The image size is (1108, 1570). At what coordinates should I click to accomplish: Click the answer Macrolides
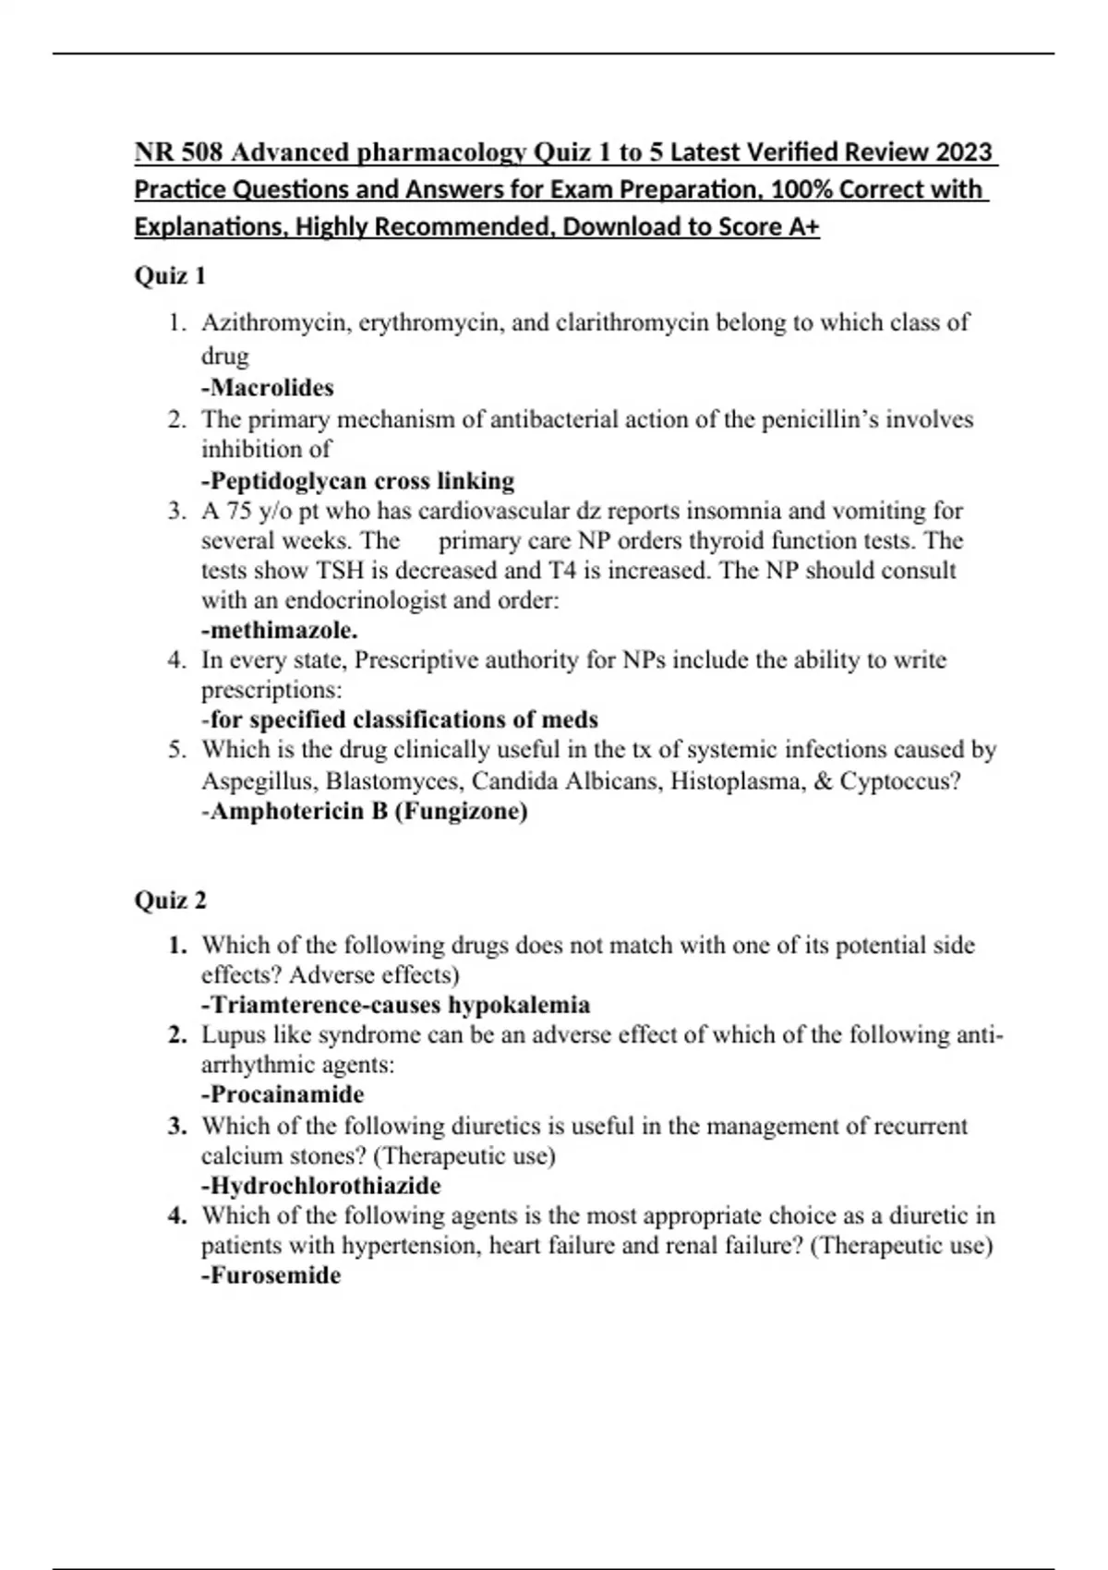(267, 388)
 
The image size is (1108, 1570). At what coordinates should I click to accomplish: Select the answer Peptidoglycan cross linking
(357, 481)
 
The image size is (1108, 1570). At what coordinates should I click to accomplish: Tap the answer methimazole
(279, 631)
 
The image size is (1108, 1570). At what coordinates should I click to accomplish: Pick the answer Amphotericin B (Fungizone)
(364, 812)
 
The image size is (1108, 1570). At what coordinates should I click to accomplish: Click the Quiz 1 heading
(170, 276)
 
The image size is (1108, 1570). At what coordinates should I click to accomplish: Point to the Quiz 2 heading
(171, 900)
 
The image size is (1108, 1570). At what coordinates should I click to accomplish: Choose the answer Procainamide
(283, 1094)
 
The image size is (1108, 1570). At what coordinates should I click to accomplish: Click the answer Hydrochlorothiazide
(320, 1186)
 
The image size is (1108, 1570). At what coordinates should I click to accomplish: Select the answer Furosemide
(271, 1275)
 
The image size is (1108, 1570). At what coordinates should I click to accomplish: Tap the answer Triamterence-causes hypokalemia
(395, 1005)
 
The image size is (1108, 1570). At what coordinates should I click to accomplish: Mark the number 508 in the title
(196, 152)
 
